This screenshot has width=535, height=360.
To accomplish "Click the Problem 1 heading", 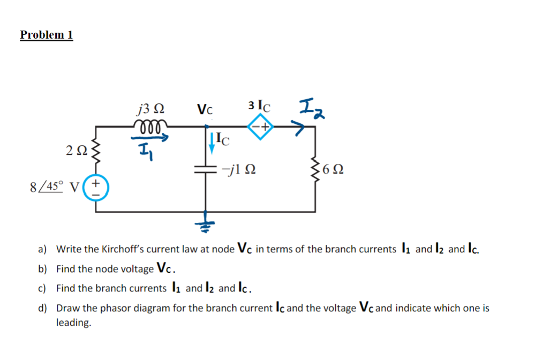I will (x=46, y=35).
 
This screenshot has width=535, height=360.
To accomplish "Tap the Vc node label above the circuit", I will (x=205, y=110).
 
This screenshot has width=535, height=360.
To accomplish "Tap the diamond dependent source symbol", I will (x=260, y=126).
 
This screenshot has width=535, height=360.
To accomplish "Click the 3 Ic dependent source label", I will (x=260, y=105).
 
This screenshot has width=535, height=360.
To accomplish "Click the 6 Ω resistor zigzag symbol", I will (x=314, y=170).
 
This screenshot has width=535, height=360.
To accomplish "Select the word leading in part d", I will (x=73, y=323).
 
